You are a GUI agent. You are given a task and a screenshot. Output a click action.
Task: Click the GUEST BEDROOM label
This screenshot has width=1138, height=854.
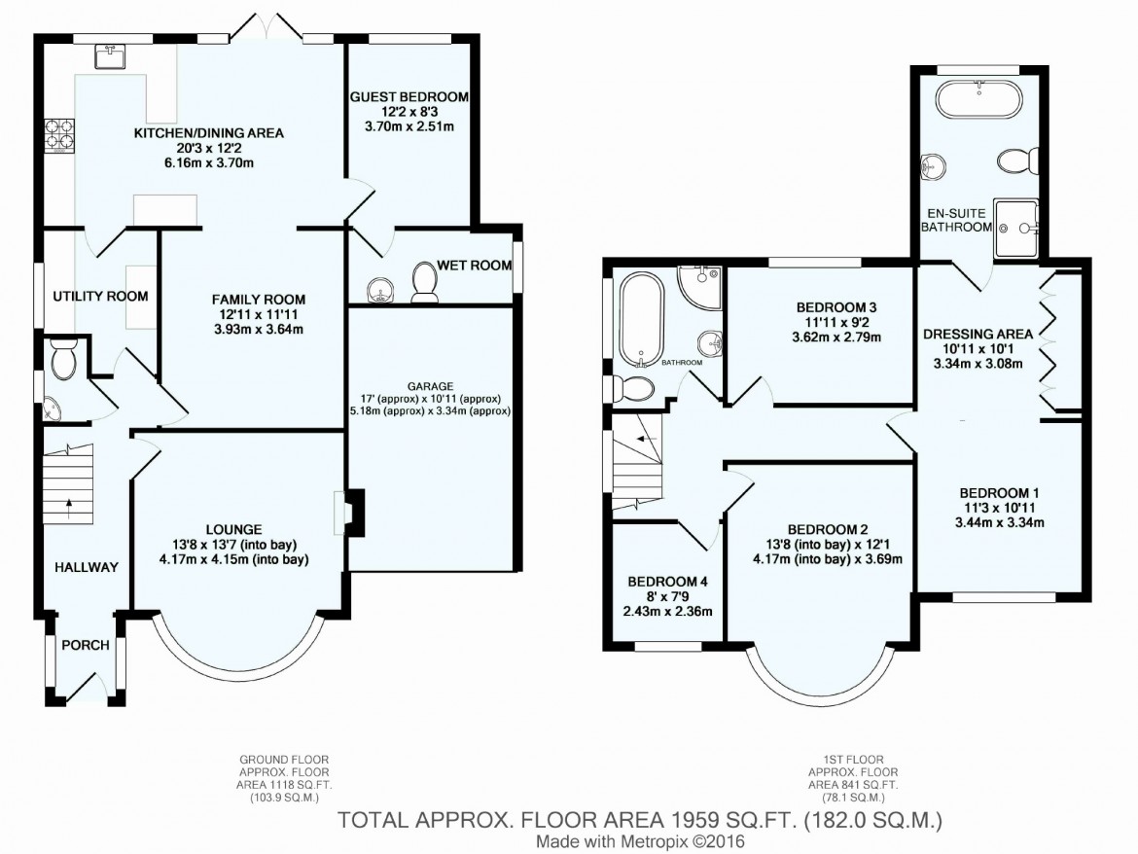(x=409, y=96)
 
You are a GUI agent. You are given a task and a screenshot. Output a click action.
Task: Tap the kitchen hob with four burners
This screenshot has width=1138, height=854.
(x=60, y=135)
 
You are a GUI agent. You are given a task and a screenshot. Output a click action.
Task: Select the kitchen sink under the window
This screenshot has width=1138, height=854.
(x=110, y=55)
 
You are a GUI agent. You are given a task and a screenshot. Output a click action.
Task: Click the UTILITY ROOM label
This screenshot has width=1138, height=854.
(x=100, y=296)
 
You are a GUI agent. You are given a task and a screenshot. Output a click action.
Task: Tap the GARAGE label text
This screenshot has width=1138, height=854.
(x=430, y=387)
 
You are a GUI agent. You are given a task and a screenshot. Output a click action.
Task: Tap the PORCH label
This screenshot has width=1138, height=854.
(x=86, y=645)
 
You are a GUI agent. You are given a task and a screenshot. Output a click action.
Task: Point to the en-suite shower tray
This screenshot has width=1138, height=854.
(x=1016, y=228)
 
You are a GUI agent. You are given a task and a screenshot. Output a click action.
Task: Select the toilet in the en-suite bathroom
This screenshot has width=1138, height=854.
(x=1017, y=161)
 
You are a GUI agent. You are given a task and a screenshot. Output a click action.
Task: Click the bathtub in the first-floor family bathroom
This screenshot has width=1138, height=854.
(x=642, y=320)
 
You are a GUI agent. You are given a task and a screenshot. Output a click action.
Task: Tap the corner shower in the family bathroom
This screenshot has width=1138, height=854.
(x=699, y=287)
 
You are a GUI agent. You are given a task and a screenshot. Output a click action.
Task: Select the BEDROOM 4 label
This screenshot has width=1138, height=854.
(x=667, y=582)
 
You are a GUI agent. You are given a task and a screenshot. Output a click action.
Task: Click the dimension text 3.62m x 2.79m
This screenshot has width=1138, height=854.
(x=836, y=338)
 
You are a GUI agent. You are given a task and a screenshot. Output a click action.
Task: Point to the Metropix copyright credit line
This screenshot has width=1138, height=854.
(x=640, y=842)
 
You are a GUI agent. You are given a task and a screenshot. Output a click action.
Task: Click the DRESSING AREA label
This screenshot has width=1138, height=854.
(x=978, y=334)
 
